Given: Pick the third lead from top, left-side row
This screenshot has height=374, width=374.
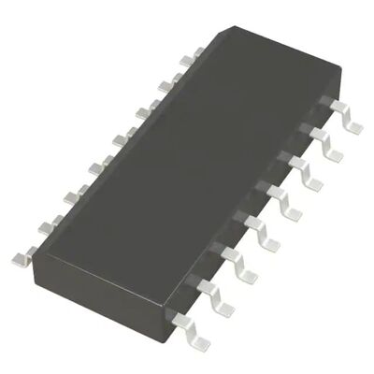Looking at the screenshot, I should point(140,112).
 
